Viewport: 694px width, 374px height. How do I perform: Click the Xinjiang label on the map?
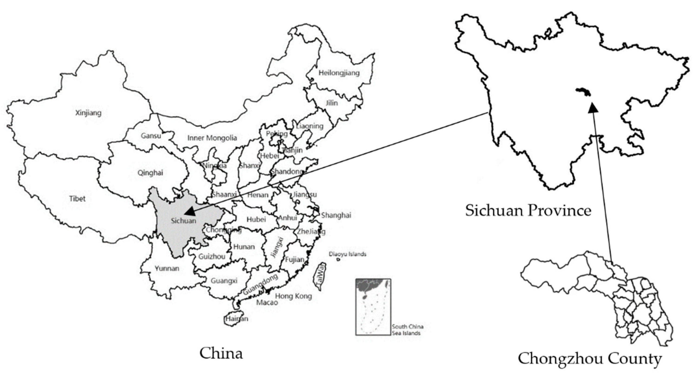point(88,113)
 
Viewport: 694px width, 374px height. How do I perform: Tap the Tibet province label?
point(77,199)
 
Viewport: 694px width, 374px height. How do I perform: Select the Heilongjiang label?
point(339,73)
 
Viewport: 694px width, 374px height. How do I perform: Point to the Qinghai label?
point(150,173)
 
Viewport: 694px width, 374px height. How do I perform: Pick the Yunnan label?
point(167,268)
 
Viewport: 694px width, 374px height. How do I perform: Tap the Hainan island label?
point(237,319)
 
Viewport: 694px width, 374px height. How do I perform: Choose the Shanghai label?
point(336,215)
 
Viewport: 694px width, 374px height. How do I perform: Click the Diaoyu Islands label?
point(347,254)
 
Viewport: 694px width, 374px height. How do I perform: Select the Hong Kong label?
point(293,296)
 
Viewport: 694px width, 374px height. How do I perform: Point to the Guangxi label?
point(224,281)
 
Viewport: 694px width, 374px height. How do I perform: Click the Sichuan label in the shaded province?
point(183,221)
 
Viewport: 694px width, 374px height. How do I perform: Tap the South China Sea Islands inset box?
point(373,307)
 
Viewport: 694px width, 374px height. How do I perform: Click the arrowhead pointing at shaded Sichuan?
point(190,211)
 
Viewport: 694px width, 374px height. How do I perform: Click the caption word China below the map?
point(221,353)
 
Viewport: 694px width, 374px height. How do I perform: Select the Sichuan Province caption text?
point(528,210)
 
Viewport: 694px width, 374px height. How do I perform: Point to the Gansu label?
point(151,136)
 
